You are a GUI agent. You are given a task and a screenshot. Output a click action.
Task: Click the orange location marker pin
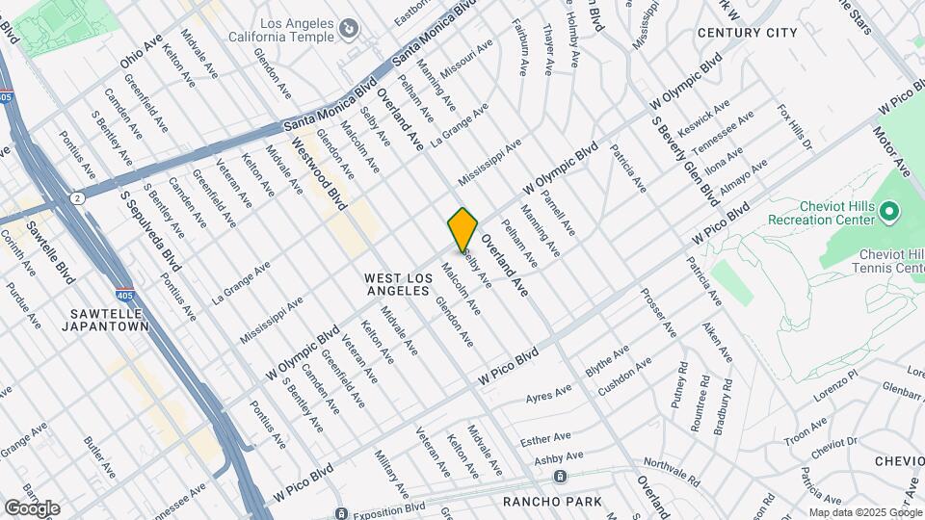click(462, 228)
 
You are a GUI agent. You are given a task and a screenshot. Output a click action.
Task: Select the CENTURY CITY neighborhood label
click(747, 33)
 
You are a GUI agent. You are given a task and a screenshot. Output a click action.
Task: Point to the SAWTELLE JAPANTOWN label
click(108, 320)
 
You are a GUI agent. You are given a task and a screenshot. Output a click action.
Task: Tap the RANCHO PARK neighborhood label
click(552, 502)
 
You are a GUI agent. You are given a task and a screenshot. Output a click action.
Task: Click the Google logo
click(31, 507)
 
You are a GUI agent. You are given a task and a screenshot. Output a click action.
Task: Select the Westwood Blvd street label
click(319, 172)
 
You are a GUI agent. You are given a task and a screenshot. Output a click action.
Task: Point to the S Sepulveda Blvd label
click(149, 229)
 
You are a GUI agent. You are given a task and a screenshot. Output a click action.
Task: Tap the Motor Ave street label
click(892, 151)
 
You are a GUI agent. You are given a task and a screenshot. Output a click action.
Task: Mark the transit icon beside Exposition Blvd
click(340, 513)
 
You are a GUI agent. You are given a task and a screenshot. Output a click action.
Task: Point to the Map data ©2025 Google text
click(864, 512)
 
